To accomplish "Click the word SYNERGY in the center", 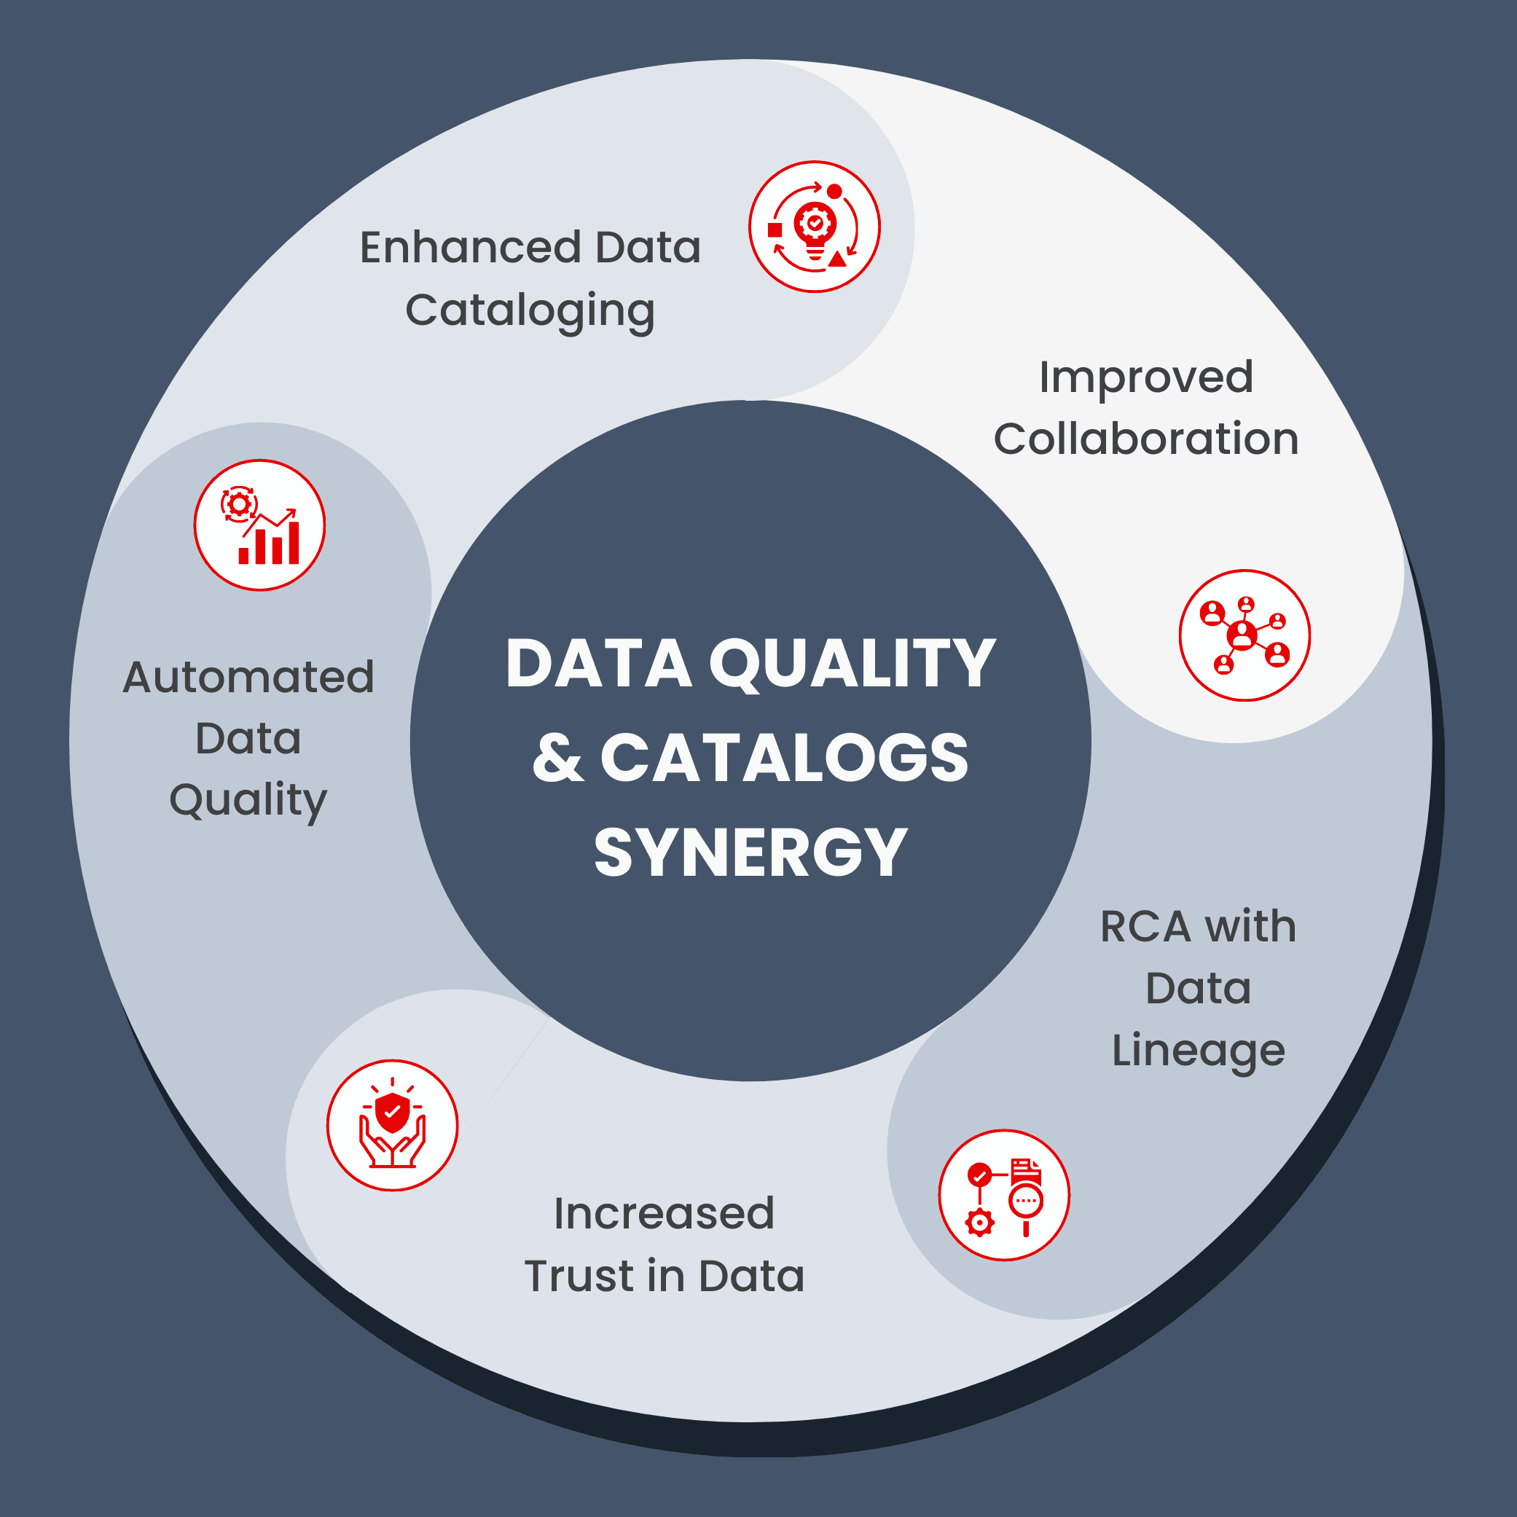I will [750, 852].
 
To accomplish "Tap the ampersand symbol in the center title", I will [557, 758].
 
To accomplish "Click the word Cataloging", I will [530, 311].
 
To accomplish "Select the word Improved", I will [1145, 377].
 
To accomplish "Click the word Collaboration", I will [1145, 439].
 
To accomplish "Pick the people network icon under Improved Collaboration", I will [1244, 635].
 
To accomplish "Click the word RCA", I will [1145, 927].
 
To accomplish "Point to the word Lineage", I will [1198, 1051].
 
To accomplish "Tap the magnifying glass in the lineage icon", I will [1025, 1202].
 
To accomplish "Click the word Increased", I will [665, 1213].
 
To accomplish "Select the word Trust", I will [579, 1276].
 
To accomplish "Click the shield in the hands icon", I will [393, 1112].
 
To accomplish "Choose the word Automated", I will [248, 677].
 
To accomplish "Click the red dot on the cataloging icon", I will [835, 192].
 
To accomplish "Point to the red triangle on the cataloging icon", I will [838, 259].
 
